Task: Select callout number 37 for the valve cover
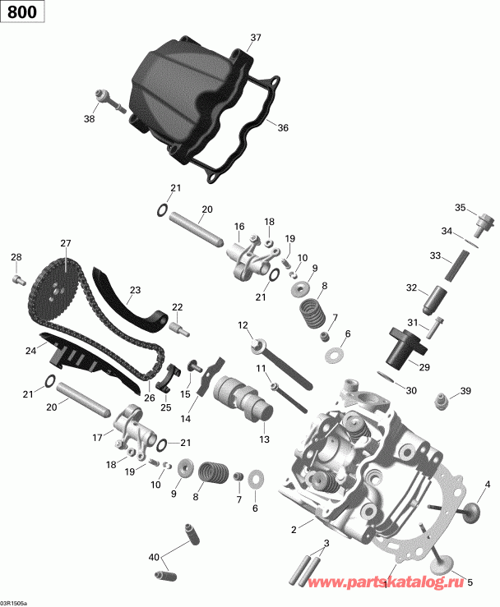[x=255, y=38]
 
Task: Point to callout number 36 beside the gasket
[x=283, y=127]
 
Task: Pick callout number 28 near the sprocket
[x=15, y=259]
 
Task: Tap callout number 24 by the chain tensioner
[x=31, y=351]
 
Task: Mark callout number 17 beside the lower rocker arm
[x=98, y=437]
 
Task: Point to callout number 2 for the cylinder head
[x=294, y=530]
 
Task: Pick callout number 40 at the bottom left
[x=154, y=558]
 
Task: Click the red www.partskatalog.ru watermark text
[x=396, y=581]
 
